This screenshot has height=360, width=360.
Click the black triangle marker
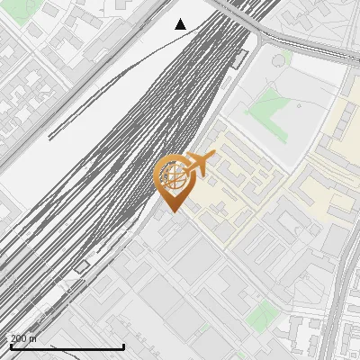[180, 24]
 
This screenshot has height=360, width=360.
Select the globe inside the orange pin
[173, 174]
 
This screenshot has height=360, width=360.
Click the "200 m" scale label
[22, 338]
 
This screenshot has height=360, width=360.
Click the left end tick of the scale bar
[11, 346]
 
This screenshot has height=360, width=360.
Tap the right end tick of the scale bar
[123, 346]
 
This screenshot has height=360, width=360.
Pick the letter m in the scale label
[33, 338]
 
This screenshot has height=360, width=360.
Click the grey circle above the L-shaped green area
[281, 59]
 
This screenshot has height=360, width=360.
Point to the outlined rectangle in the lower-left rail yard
[82, 266]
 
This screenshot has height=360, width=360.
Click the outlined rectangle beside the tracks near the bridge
[238, 59]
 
